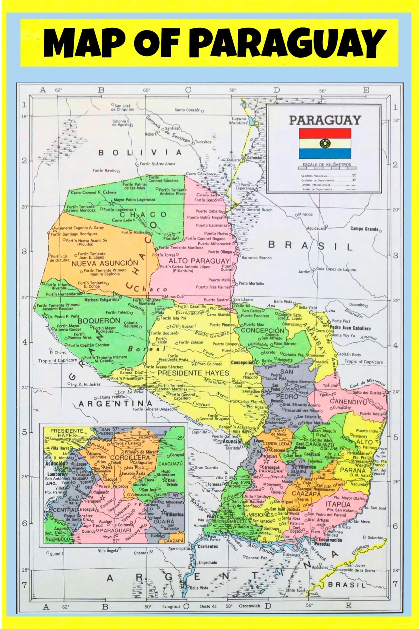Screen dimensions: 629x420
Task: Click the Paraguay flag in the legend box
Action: click(325, 143)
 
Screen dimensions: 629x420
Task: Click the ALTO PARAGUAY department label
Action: click(200, 260)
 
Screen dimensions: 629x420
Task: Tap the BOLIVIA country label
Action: click(140, 153)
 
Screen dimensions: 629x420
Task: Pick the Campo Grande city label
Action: click(364, 229)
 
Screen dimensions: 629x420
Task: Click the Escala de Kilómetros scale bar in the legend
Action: click(327, 168)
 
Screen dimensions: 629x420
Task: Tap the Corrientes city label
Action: click(208, 547)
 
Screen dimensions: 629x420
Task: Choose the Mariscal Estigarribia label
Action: click(102, 300)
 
